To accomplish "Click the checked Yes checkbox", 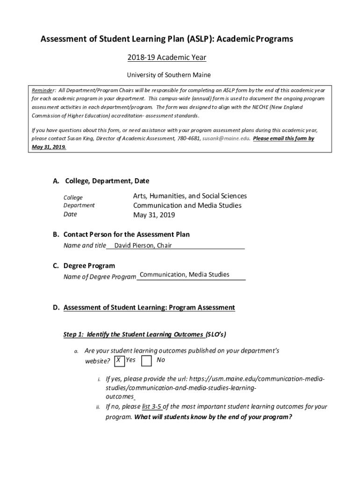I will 119,361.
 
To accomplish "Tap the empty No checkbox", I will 146,361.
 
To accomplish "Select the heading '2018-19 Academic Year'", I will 167,58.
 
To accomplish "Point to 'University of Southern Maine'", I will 169,75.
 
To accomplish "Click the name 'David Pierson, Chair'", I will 143,246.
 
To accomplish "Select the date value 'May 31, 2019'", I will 154,215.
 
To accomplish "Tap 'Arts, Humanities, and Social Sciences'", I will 190,196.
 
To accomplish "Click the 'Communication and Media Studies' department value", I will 187,205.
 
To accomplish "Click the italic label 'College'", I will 73,197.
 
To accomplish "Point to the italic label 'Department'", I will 79,205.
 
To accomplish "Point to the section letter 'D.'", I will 56,308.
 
